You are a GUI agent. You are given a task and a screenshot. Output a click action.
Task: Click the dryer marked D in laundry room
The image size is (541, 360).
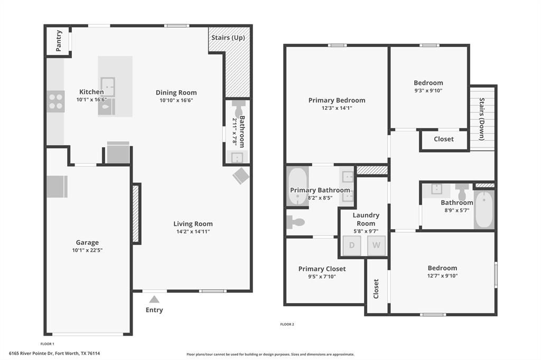pos(352,245)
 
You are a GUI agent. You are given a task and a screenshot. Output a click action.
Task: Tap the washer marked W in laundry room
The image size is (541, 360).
pos(376,245)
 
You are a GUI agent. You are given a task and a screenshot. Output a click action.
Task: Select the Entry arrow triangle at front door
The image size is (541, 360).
pos(154,299)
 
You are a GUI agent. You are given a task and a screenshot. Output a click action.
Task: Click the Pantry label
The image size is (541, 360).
pos(58,41)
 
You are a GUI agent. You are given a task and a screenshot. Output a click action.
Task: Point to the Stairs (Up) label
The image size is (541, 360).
pos(228,38)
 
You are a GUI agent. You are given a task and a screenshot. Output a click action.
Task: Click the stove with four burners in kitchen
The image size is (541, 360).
pos(55,101)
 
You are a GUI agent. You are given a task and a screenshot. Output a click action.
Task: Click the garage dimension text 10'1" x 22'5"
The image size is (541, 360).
pos(87,251)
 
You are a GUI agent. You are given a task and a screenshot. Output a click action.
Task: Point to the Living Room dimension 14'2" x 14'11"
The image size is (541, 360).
pos(193,231)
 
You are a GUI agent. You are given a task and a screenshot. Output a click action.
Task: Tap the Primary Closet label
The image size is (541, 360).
pos(322,269)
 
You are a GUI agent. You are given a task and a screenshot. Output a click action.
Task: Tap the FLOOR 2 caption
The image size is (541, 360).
pos(287,324)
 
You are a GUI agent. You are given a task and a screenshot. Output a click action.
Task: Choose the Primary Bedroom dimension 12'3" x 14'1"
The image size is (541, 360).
pos(337,108)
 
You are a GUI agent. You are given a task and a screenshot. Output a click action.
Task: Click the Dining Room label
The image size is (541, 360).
pos(176,93)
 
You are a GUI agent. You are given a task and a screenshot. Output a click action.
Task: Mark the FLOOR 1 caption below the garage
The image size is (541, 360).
pos(48,344)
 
